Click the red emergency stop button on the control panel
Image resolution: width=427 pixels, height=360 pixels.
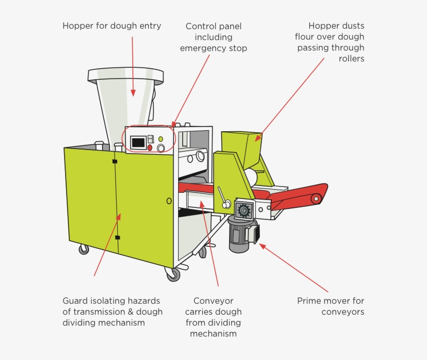[150, 148]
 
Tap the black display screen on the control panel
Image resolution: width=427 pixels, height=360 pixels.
[138, 142]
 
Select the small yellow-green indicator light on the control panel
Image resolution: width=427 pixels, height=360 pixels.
[160, 139]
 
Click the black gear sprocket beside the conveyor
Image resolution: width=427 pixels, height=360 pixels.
[243, 210]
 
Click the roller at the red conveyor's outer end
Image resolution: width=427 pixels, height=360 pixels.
[316, 198]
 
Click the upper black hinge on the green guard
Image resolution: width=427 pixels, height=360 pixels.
[115, 162]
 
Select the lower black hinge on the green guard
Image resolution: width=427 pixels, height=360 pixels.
[117, 238]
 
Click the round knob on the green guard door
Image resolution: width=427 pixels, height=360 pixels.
[169, 201]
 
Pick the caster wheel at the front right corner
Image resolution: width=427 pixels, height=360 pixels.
[172, 274]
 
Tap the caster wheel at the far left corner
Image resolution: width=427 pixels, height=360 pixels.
[83, 249]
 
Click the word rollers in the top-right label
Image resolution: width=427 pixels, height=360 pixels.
[351, 59]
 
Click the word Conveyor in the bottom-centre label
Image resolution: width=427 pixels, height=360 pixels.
[213, 301]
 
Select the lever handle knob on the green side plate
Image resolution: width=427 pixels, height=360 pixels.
[226, 205]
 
